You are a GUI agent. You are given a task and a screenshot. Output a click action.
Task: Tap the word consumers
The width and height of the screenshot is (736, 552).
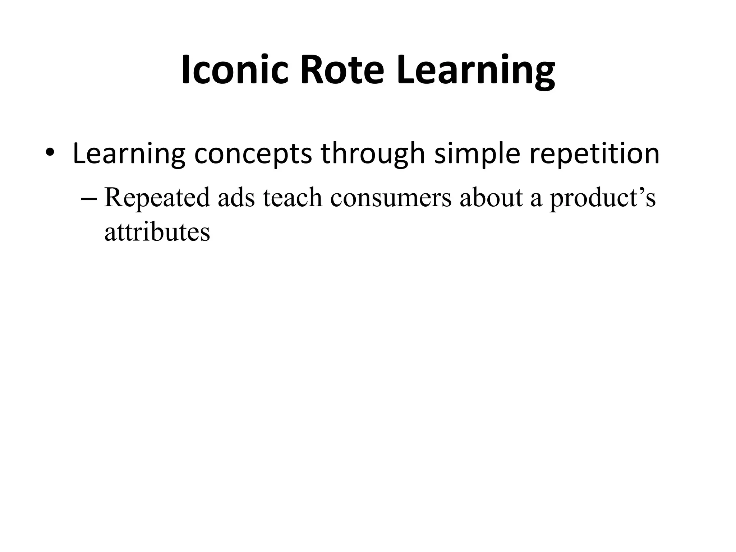tap(390, 198)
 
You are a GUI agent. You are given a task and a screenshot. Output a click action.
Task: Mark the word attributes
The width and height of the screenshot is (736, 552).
tap(157, 232)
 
